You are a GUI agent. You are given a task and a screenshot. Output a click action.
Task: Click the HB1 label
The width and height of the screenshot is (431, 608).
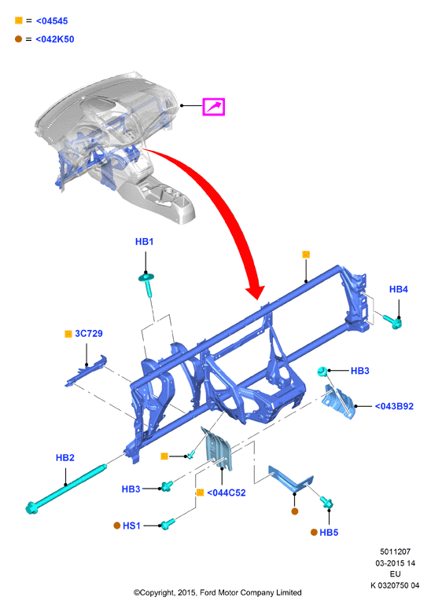coord(144,242)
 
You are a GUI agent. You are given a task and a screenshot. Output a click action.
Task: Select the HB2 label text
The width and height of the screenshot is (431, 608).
coord(64,457)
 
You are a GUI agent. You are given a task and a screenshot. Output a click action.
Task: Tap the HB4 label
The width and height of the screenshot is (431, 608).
coord(399,289)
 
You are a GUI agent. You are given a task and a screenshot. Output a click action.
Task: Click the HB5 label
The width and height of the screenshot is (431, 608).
coord(329,533)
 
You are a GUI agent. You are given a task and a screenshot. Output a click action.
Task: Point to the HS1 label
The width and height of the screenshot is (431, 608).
coord(131,526)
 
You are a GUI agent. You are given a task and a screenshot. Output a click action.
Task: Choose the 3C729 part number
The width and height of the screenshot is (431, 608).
coord(89,334)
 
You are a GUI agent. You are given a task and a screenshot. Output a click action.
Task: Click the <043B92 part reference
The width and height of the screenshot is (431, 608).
coord(394,406)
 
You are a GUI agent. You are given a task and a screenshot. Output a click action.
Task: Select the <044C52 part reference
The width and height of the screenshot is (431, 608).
coord(226,493)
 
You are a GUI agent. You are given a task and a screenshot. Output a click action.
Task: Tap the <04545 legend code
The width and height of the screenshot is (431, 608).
coord(52,21)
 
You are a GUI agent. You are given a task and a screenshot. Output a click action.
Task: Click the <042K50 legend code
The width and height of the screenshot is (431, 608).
coord(54,39)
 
